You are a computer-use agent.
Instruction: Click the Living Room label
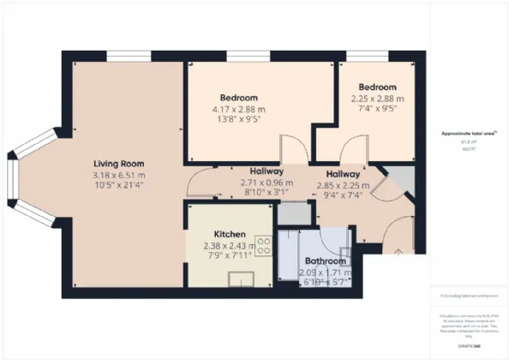coord(118,164)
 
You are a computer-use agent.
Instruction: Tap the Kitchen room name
coord(231,234)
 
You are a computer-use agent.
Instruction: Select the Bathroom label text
coord(326,261)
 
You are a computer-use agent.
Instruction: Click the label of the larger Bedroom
coord(238,98)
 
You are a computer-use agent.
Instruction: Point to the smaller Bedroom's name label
coord(377,87)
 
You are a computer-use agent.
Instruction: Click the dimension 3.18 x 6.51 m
coord(119,176)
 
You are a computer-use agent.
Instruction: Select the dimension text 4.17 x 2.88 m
coord(238,109)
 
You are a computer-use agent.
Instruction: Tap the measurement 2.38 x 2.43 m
coord(231,245)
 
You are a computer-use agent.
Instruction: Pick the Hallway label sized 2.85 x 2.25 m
coord(343,174)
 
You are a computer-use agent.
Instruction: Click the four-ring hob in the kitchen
coord(264,246)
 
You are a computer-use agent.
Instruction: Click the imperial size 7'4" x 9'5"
coord(377,109)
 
